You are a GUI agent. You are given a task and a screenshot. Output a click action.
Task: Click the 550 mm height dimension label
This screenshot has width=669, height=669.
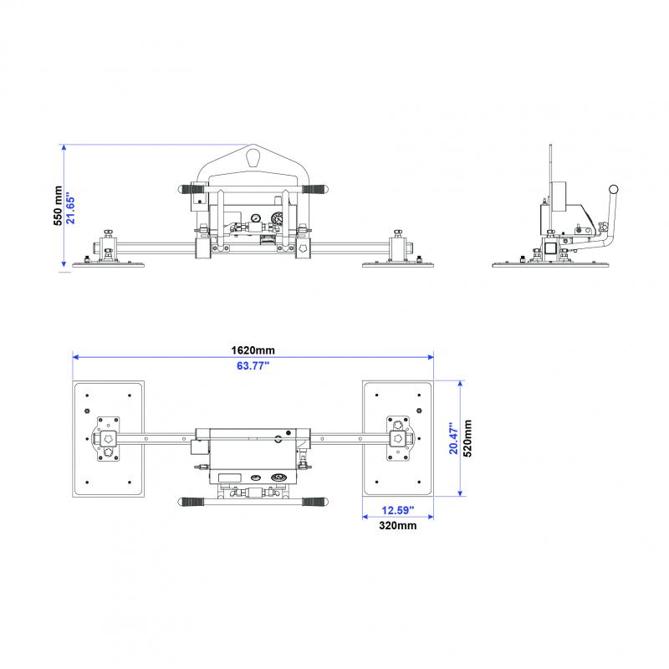point(56,206)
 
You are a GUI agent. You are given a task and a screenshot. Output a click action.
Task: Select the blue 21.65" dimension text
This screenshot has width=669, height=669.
point(72,206)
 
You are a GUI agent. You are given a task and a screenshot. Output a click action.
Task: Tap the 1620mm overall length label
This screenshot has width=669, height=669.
point(253,350)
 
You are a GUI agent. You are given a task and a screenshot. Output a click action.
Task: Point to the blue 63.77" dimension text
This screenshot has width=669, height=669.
point(253,365)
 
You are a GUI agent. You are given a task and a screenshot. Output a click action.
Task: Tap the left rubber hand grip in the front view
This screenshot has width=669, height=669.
point(193,191)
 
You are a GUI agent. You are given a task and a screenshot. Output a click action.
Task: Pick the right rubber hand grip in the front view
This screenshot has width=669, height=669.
point(315,191)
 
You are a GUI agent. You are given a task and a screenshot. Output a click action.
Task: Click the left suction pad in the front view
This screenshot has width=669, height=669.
point(110,265)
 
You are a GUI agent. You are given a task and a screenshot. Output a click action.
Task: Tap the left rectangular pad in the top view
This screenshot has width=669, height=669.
point(109,438)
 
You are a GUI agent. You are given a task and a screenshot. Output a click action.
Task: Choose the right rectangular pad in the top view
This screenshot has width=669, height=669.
point(396,438)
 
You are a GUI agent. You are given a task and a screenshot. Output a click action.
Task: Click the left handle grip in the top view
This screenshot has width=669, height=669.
point(192,502)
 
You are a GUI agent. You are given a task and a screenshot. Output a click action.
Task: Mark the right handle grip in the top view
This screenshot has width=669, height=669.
point(314,502)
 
